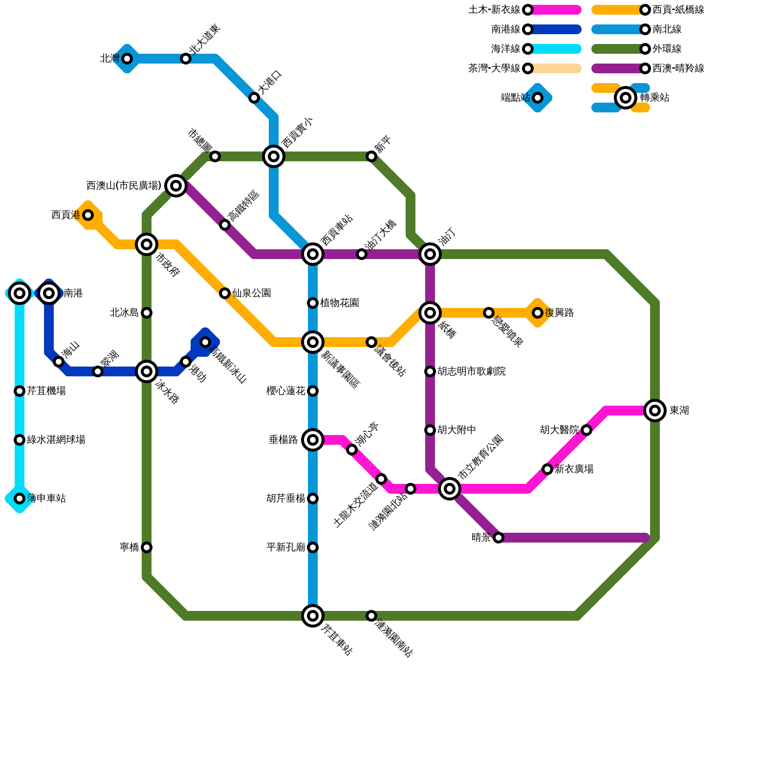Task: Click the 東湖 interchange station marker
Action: (655, 410)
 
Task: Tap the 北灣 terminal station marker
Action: (127, 59)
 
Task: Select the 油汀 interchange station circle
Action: (430, 254)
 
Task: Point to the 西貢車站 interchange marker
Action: (313, 254)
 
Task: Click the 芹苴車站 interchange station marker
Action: (313, 615)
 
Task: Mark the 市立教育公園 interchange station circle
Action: (450, 488)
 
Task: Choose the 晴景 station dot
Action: (499, 538)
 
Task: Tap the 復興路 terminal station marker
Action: (538, 313)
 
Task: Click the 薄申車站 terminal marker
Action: (20, 499)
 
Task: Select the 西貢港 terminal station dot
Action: (88, 215)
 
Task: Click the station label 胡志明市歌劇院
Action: (472, 371)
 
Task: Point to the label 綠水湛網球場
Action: (56, 440)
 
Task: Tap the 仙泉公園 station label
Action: (252, 293)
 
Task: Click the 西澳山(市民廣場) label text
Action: (124, 186)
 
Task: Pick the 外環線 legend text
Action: (667, 49)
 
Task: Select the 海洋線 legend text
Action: (505, 49)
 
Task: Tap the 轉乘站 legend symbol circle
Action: (626, 98)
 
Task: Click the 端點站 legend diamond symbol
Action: (538, 98)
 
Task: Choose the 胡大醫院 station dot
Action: (586, 430)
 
